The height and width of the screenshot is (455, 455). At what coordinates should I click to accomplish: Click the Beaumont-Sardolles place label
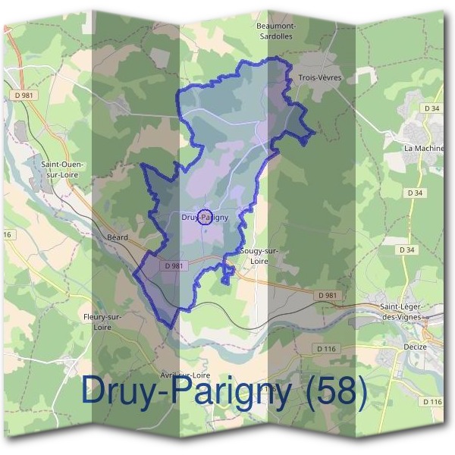[x=277, y=30]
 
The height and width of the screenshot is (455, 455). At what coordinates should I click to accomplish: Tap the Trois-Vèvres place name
[x=319, y=78]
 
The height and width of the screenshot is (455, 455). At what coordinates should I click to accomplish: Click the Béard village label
[x=118, y=237]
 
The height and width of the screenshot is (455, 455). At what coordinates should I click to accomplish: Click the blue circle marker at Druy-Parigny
[x=204, y=218]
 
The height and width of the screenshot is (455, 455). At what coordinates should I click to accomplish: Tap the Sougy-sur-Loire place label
[x=259, y=255]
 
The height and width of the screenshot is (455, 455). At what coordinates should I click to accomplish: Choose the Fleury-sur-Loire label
[x=103, y=322]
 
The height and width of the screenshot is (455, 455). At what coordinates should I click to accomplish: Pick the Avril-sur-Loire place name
[x=185, y=375]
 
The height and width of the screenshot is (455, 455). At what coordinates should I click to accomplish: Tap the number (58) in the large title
[x=334, y=392]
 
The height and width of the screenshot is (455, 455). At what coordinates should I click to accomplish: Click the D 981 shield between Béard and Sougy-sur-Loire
[x=174, y=265]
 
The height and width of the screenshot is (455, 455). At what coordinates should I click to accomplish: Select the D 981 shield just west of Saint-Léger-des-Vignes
[x=328, y=295]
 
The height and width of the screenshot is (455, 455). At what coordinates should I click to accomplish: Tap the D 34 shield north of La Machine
[x=432, y=108]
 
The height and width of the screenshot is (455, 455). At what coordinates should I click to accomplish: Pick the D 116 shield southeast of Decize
[x=432, y=401]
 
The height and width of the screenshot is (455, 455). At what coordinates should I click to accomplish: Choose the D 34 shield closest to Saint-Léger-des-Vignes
[x=406, y=249]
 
